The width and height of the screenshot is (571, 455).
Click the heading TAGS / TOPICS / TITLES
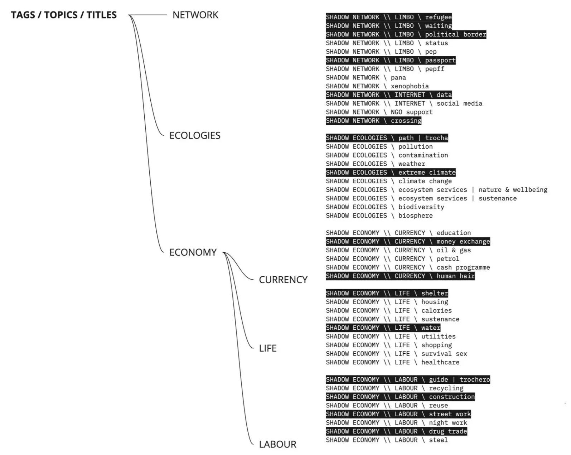pos(64,15)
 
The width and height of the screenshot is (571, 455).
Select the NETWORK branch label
pos(195,15)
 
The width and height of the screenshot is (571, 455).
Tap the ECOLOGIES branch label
pos(195,136)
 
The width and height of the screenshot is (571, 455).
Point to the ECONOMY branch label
pos(193,252)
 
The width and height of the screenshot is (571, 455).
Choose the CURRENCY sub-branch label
pos(283,280)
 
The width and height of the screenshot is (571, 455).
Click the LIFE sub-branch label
pos(268,348)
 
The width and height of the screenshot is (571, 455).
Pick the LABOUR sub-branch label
pos(277,444)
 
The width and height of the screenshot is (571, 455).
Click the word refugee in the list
pos(438,17)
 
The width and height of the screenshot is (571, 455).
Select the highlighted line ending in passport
pos(391,60)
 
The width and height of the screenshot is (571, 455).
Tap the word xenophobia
pos(410,86)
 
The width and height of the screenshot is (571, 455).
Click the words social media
pos(459,103)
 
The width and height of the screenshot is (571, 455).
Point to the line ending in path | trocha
pos(387,138)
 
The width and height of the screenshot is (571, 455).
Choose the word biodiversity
pos(421,207)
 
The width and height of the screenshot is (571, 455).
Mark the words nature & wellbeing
pos(513,190)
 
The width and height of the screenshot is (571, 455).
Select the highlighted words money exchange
pos(463,242)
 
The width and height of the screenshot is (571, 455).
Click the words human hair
pos(455,276)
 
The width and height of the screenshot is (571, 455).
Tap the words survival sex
pos(444,354)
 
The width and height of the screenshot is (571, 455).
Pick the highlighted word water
pos(431,328)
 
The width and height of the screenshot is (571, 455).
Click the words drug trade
pos(448,431)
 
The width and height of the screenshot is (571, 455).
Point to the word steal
pos(438,440)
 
